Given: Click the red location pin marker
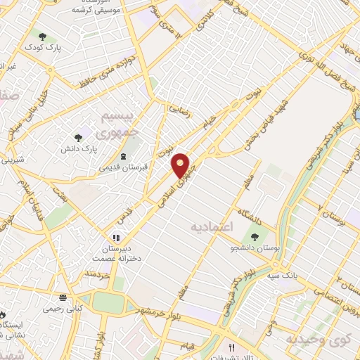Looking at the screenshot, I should pos(182,164).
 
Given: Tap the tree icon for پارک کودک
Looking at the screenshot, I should pos(43,36).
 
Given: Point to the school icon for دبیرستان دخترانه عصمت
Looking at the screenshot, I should pos(116,238).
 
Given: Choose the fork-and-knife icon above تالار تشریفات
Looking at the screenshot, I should pos(231,347).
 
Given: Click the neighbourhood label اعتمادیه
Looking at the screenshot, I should pos(210,228).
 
